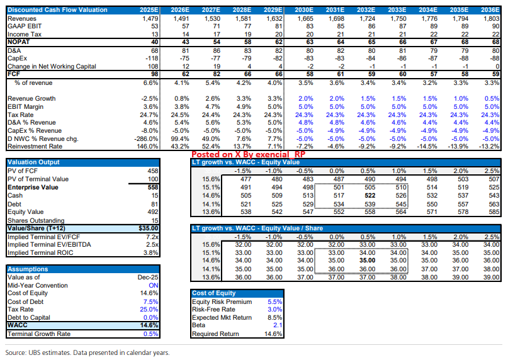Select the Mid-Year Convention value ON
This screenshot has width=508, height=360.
(x=151, y=285)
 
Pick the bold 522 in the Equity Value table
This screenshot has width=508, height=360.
(x=370, y=196)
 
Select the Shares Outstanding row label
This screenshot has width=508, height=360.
(x=37, y=220)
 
